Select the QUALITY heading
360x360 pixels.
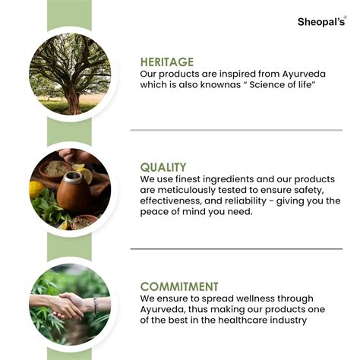click(x=163, y=167)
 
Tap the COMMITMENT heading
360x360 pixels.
click(x=179, y=286)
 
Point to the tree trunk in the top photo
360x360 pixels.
click(x=73, y=93)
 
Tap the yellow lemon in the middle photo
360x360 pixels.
click(x=37, y=189)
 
